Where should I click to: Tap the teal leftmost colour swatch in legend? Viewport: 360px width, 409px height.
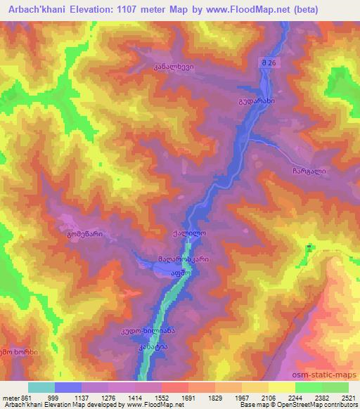[41, 387]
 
